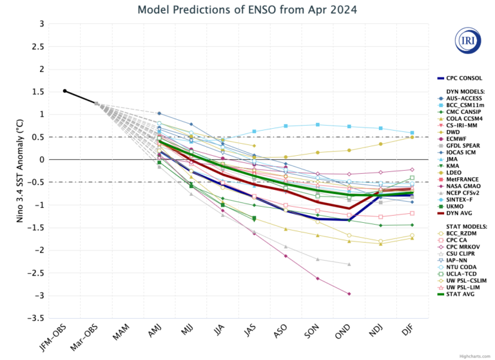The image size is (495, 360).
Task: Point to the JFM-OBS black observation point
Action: [64, 91]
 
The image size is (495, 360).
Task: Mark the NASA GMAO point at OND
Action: [349, 294]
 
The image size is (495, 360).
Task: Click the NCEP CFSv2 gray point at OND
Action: [349, 264]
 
